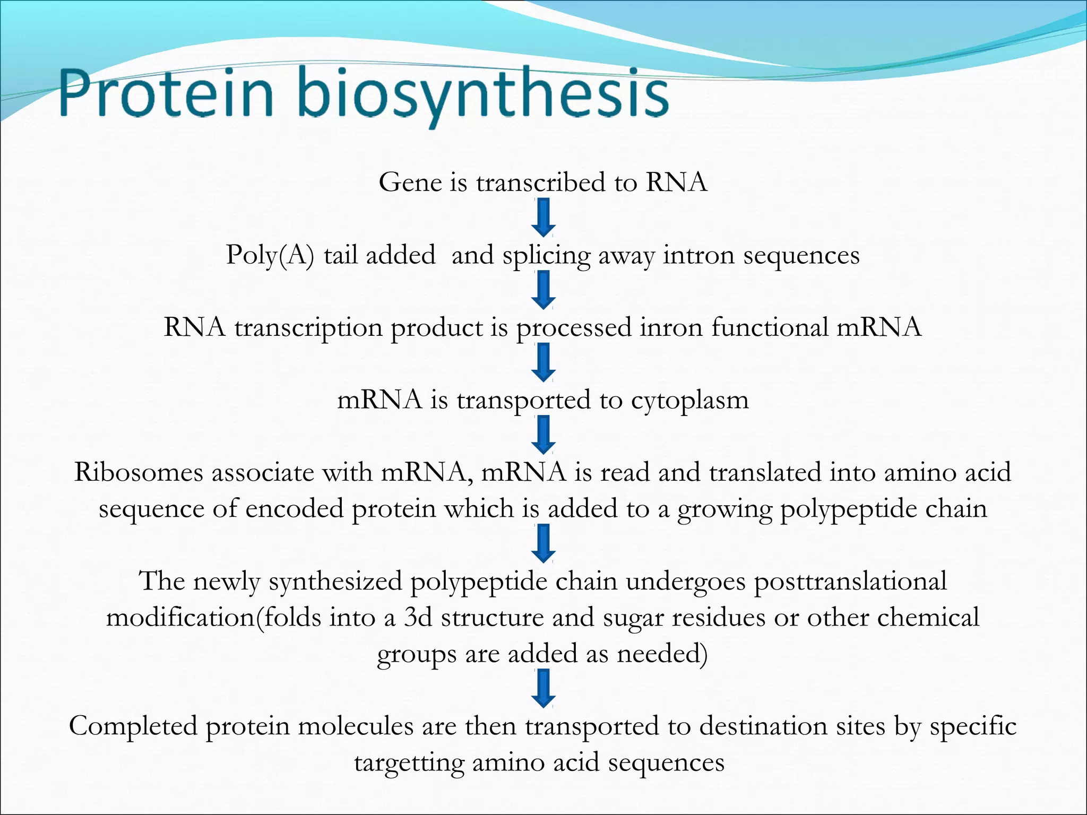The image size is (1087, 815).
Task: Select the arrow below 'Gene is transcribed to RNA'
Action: (x=543, y=218)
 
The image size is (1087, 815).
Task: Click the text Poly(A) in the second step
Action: (x=270, y=256)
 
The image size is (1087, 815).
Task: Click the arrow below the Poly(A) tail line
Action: (x=543, y=290)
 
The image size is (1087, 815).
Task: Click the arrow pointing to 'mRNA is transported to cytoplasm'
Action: (x=543, y=362)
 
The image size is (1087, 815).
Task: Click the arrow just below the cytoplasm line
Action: (x=543, y=435)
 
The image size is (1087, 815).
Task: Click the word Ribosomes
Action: (x=139, y=472)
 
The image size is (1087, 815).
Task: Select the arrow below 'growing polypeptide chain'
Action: (x=543, y=543)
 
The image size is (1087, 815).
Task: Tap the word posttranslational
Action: (x=850, y=582)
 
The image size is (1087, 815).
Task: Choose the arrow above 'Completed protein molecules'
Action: (x=543, y=688)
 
